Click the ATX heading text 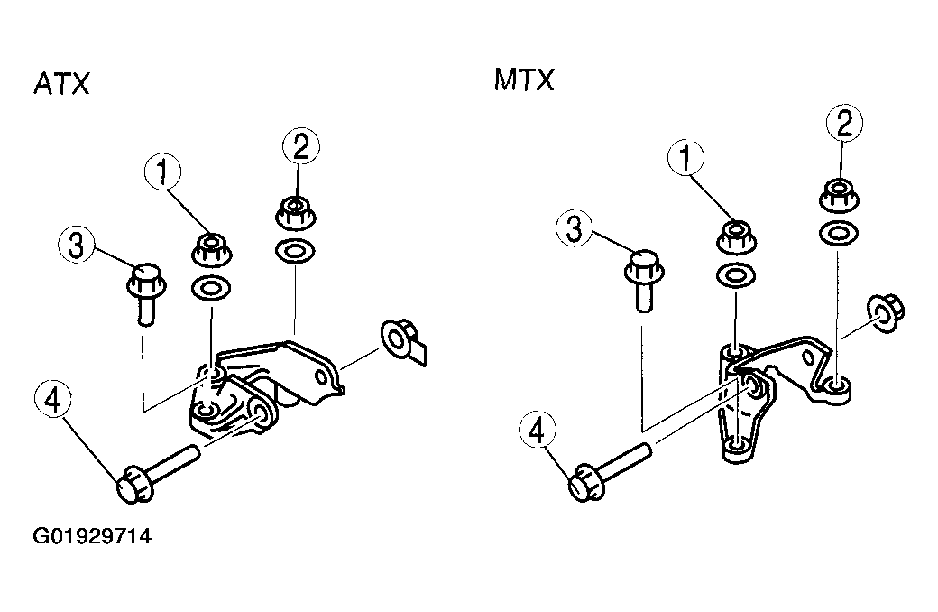(x=61, y=83)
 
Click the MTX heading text (x=524, y=79)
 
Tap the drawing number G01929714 (x=92, y=535)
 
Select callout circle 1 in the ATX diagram (x=162, y=172)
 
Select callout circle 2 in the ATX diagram (x=300, y=147)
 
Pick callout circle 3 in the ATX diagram (x=77, y=245)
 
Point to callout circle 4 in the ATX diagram (x=52, y=399)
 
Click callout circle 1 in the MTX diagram (x=685, y=157)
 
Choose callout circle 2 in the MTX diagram (x=844, y=124)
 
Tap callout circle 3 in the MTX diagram (x=574, y=228)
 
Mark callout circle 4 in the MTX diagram (x=538, y=431)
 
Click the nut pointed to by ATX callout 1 (x=212, y=249)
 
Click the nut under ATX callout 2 (x=296, y=213)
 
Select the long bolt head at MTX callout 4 (x=585, y=483)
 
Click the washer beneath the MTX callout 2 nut (x=839, y=233)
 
